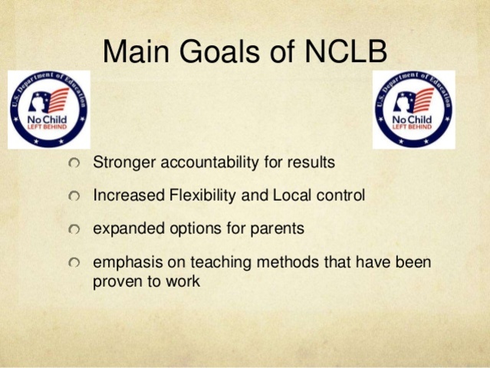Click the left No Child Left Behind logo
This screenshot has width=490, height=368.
coord(49,109)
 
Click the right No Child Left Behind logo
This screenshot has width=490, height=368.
coord(413,109)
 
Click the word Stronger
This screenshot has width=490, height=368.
coord(120,163)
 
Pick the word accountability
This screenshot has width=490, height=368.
coord(197,163)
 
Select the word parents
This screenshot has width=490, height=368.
coord(278,228)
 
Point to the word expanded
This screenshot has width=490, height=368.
coord(123,229)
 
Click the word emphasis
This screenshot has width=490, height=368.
coord(124,262)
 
